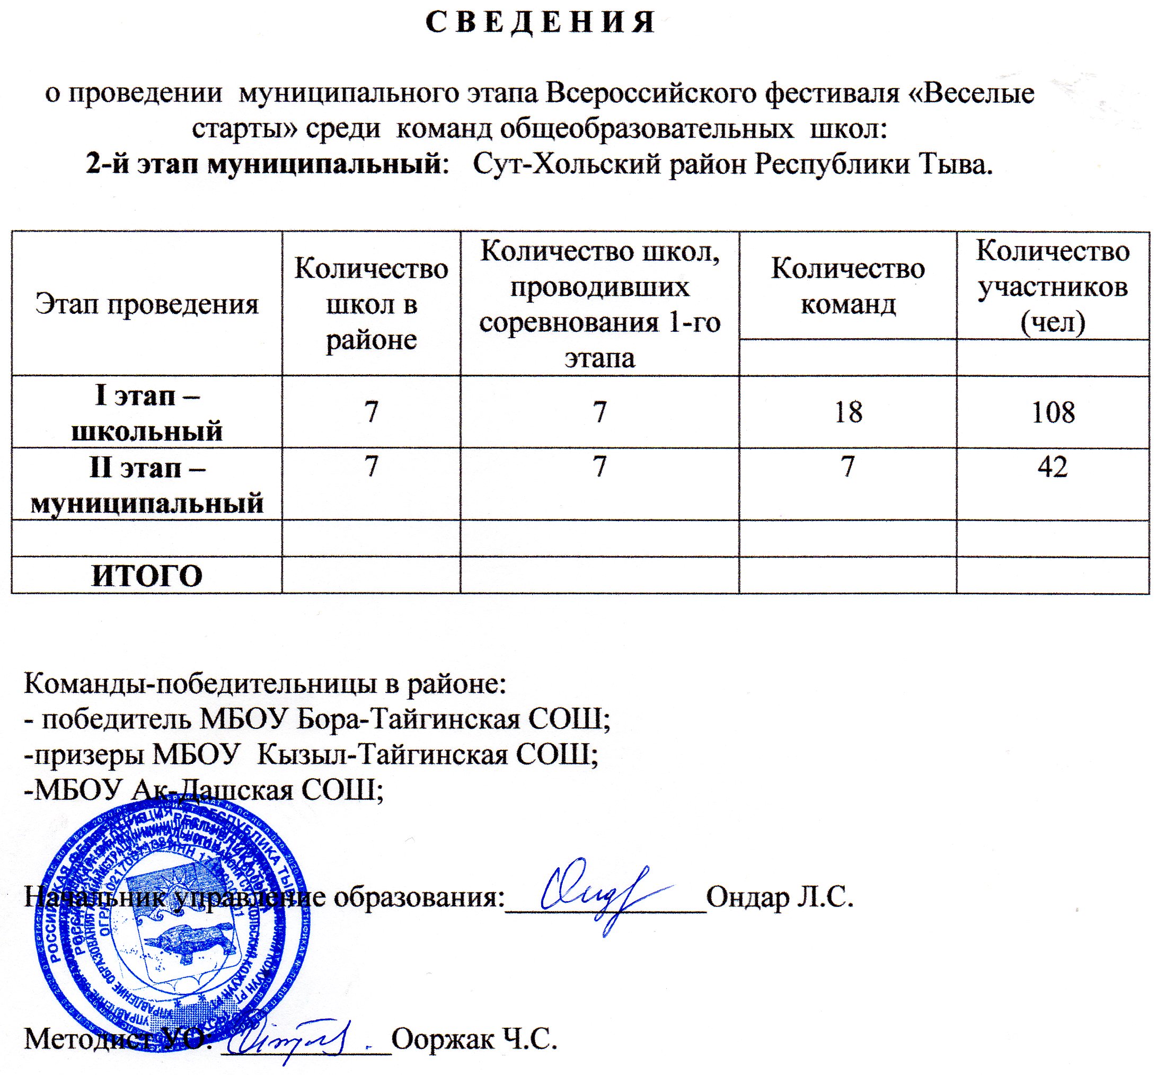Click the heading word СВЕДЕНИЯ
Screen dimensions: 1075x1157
[541, 23]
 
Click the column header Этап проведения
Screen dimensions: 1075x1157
[147, 304]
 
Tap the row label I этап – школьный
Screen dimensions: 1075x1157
[147, 413]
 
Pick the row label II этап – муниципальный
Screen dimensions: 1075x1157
[147, 485]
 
